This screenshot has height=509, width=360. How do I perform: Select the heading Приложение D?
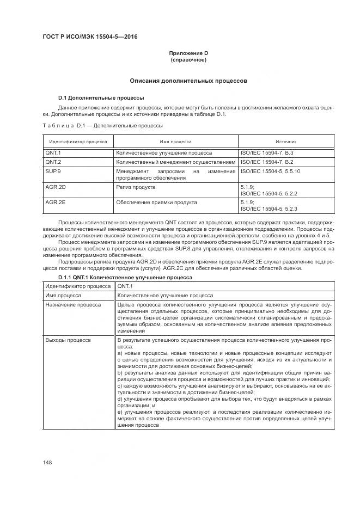coord(188,53)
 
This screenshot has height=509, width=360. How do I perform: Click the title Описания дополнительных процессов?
coord(188,81)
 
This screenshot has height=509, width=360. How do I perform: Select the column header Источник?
coord(285,141)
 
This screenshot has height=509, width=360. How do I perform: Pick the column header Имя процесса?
coord(175,141)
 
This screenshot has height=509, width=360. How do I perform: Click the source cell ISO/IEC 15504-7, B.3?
coord(267,153)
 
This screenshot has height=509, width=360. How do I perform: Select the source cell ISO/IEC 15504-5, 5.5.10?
coord(270,171)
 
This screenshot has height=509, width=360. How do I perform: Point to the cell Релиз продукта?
coord(136,187)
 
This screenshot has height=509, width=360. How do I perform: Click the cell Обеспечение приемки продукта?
coord(156,202)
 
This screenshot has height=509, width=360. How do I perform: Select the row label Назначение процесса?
coord(73,305)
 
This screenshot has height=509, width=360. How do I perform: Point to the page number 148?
coord(47,462)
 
